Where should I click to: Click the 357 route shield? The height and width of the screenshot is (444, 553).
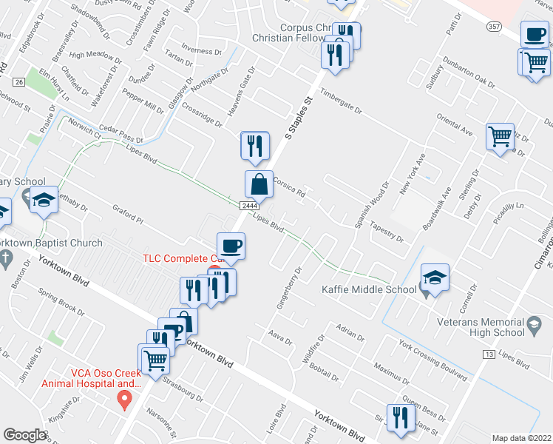tap(495, 26)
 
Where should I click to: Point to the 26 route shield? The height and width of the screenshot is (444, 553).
tap(19, 81)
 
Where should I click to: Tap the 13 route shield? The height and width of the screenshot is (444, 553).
tap(489, 356)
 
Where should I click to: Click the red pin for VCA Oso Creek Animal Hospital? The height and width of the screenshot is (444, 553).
tap(125, 401)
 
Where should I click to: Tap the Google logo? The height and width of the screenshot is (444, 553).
tap(25, 434)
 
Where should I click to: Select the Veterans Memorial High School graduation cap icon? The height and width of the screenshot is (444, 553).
tap(533, 323)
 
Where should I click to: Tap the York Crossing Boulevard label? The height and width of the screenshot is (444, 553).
tap(432, 359)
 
